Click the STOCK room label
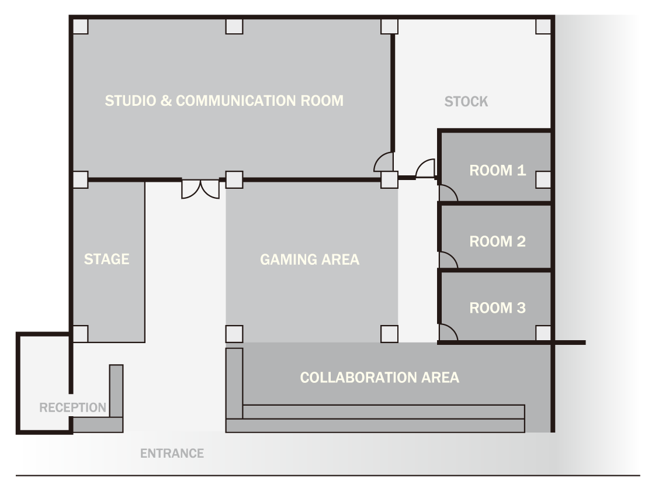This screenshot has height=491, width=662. (466, 101)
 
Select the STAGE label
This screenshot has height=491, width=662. (106, 259)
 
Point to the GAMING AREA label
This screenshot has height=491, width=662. (310, 259)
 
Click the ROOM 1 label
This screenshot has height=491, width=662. (497, 170)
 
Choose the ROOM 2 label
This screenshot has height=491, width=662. (497, 241)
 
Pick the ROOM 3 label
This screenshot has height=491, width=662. (497, 308)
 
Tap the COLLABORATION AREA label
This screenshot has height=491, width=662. (379, 377)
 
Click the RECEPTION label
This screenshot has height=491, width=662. (72, 407)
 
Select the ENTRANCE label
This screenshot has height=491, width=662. (172, 453)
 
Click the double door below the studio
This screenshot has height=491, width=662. (200, 189)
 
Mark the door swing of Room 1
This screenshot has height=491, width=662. (448, 192)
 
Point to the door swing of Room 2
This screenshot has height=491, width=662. (448, 260)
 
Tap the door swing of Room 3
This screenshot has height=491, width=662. (448, 332)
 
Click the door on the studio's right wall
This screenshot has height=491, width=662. (384, 162)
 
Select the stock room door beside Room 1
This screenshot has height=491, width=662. (425, 168)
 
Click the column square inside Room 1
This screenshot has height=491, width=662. (543, 179)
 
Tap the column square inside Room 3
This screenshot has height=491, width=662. (543, 334)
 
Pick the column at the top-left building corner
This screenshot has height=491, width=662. (80, 26)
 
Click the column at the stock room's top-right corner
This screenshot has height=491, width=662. (543, 26)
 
